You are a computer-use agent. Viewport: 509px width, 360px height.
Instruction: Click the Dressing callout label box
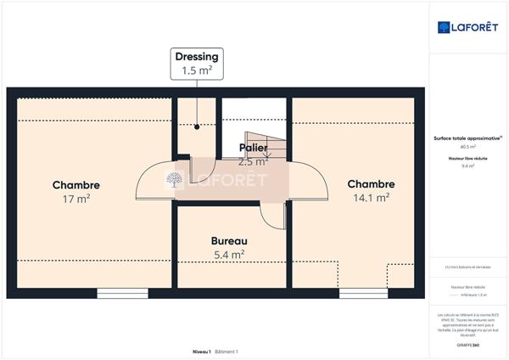point(196,64)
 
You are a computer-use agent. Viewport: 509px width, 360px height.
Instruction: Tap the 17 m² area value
point(76,199)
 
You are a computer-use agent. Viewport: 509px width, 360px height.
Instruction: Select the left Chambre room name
point(76,184)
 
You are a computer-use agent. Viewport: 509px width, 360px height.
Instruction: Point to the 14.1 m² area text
point(371,198)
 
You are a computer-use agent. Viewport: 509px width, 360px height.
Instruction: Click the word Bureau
point(228,240)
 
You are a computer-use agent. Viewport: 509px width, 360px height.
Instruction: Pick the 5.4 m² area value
point(228,254)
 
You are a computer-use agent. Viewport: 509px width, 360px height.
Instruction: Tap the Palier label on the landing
point(253,148)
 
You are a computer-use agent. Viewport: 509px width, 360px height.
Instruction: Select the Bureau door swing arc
point(273,217)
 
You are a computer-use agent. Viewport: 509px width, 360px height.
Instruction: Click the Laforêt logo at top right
point(468,27)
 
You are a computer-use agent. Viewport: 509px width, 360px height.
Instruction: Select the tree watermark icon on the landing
point(174,179)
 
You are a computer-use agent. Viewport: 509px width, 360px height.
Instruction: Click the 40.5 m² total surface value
point(467,146)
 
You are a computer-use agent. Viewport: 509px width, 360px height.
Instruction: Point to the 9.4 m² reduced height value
point(467,166)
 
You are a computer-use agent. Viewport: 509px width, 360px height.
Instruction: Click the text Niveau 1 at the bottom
point(201,352)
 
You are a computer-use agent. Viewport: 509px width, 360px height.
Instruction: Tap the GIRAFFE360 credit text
point(467,345)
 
